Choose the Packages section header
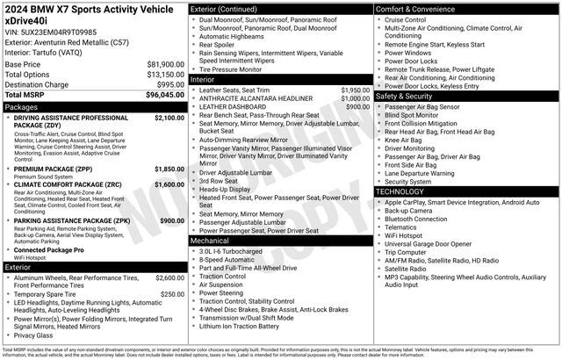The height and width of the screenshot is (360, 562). coord(21,106)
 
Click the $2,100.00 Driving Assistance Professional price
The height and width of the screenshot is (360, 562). coord(169,117)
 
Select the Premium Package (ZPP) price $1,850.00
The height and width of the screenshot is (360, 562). coord(169,169)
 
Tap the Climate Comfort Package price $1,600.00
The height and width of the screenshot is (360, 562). coord(169,185)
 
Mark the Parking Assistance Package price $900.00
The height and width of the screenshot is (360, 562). coord(171,221)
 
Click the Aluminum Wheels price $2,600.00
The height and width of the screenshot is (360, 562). coord(169,277)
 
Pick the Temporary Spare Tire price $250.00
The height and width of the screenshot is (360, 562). coord(172,294)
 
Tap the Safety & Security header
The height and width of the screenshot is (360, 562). coord(407,96)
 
